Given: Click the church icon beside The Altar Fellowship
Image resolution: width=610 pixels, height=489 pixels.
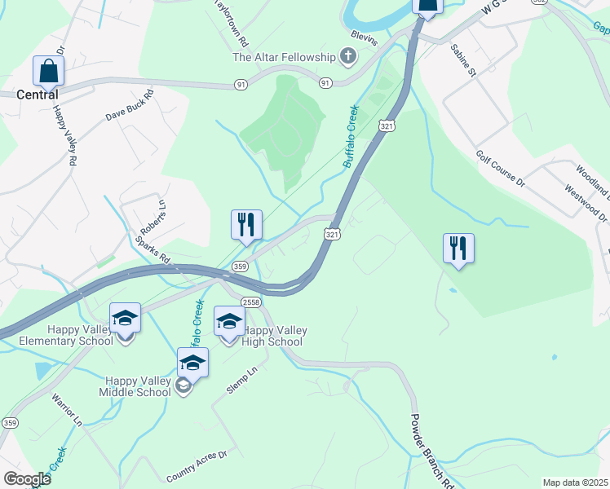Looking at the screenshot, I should point(348,56).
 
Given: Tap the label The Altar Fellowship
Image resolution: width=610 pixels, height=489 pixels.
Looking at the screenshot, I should point(284,57).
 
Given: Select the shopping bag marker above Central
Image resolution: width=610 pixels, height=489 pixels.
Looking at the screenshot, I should point(48,71).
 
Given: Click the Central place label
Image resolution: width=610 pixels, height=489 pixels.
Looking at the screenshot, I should point(38,95).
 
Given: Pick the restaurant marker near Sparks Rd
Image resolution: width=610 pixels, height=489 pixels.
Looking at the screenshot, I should point(246,225).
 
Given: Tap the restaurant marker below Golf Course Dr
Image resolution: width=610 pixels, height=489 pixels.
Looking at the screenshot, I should point(458,249).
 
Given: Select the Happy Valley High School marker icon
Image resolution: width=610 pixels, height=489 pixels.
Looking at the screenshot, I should point(229,321).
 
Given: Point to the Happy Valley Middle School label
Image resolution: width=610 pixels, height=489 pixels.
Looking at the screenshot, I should point(138,386).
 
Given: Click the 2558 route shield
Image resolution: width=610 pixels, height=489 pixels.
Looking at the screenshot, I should point(250,302).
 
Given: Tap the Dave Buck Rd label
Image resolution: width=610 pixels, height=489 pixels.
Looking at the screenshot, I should point(129,106).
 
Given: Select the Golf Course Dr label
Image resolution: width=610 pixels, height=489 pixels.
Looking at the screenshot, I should point(501,168).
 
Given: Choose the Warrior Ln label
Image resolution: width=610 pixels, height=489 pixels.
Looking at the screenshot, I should point(67,410).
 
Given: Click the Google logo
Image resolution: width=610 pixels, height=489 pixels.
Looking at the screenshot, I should point(27,478).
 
